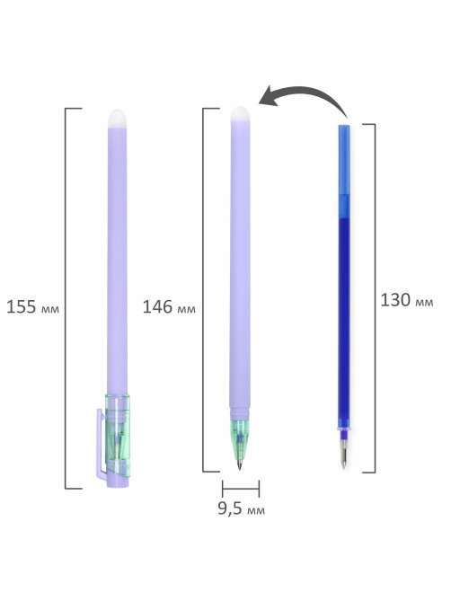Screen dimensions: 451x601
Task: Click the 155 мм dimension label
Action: pos(33,307)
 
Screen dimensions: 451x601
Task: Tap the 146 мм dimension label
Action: pos(169,307)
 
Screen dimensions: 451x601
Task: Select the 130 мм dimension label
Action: pos(407,300)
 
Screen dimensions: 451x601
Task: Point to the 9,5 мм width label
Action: pos(242,508)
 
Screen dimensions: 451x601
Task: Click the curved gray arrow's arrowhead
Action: pos(269,96)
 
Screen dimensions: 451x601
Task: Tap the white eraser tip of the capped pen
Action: pos(118,118)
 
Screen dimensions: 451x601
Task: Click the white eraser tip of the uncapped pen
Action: pos(240,113)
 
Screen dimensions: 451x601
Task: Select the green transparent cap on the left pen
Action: pos(118,436)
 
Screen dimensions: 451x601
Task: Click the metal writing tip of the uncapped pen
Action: pos(240,463)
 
